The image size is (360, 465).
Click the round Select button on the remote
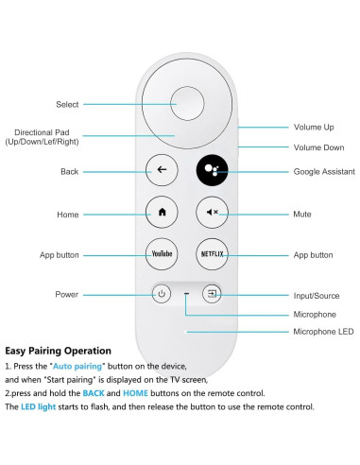coord(185,103)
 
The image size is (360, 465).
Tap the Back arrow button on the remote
coord(162,171)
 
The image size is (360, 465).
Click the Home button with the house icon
coord(162,213)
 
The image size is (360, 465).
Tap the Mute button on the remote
coord(211,213)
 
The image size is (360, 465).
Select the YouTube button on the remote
coord(162,254)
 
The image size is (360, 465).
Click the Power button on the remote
coord(162,294)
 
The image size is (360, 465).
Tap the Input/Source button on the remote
coord(213,294)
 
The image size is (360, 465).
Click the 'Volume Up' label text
coord(314,126)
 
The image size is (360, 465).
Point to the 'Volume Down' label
coord(318,147)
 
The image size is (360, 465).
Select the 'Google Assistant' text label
coord(324,172)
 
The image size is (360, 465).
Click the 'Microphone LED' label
coord(323,332)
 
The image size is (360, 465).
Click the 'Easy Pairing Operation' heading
coord(58,351)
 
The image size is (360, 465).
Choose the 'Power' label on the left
coord(66,295)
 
